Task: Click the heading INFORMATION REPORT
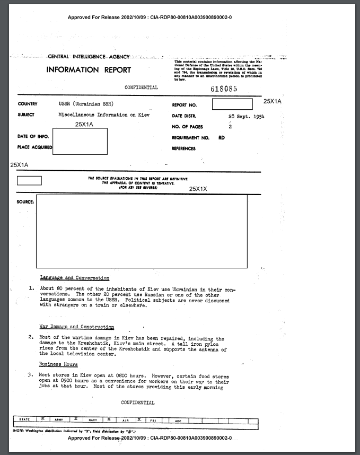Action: click(x=89, y=70)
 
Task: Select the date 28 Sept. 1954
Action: click(x=246, y=116)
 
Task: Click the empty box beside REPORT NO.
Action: click(x=232, y=104)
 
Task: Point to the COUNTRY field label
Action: click(x=27, y=104)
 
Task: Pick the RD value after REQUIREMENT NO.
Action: click(x=221, y=137)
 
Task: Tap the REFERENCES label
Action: click(x=183, y=148)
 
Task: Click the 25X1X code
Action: click(x=198, y=188)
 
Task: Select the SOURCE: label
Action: click(x=26, y=202)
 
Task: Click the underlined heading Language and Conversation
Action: click(x=75, y=278)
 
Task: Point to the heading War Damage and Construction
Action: click(x=77, y=327)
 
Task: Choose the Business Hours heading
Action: click(x=58, y=364)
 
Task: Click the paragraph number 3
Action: click(x=31, y=375)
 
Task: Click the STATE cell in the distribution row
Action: click(x=24, y=420)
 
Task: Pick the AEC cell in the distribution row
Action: click(x=178, y=420)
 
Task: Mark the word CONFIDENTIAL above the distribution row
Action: click(x=138, y=402)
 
